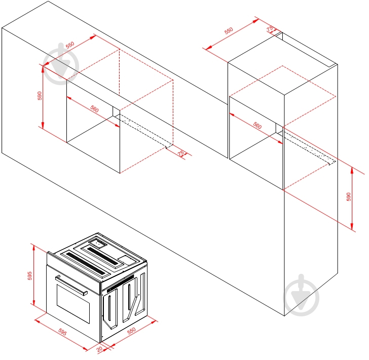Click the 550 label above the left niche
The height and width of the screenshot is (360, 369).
tap(69, 45)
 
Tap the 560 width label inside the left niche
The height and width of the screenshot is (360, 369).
tap(94, 109)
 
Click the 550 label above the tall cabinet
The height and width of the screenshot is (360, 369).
tap(229, 31)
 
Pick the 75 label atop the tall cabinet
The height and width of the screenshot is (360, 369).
tap(270, 28)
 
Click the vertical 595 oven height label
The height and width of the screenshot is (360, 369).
tap(30, 276)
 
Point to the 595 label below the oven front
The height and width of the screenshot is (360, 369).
tap(62, 333)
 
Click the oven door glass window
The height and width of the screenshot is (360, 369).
tap(73, 303)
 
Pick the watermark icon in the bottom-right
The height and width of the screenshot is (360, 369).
tap(302, 295)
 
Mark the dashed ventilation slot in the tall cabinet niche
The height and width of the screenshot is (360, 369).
tap(308, 149)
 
